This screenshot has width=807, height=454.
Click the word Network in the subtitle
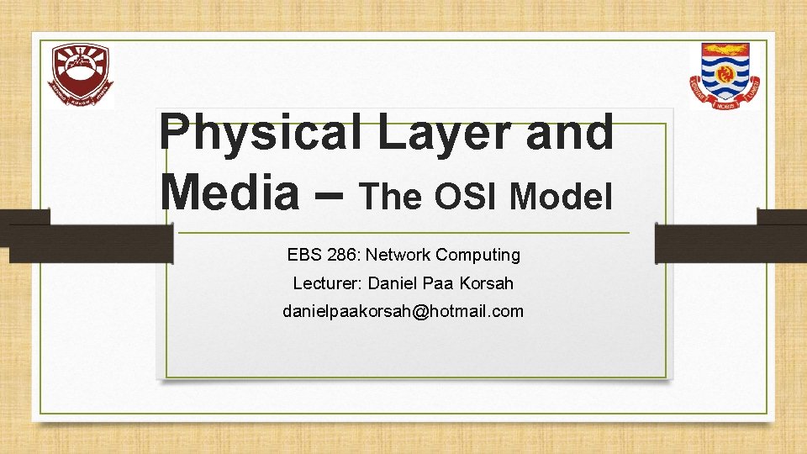pyautogui.click(x=398, y=254)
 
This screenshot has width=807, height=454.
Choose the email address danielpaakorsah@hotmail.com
pyautogui.click(x=403, y=311)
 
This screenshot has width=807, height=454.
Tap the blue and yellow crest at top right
pyautogui.click(x=724, y=76)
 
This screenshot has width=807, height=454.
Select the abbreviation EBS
pyautogui.click(x=303, y=254)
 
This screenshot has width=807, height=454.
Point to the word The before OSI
pyautogui.click(x=393, y=196)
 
